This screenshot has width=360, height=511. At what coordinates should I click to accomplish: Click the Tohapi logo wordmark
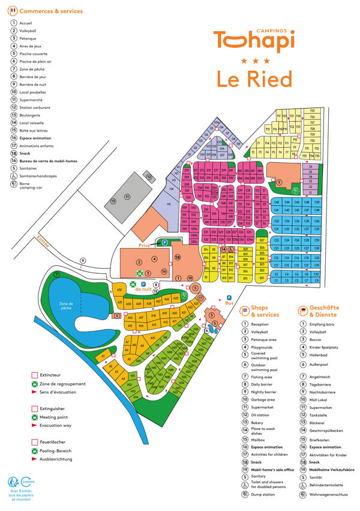[x=255, y=40]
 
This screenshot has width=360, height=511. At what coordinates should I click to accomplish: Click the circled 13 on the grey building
[x=113, y=201]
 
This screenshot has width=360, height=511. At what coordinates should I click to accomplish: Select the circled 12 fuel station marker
[x=148, y=177]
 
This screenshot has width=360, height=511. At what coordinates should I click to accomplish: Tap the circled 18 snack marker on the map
[x=177, y=257]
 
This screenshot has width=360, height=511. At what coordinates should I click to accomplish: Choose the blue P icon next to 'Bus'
[x=229, y=298]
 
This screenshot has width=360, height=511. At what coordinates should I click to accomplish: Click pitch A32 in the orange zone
[x=119, y=289]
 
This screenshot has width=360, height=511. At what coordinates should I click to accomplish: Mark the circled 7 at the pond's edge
[x=57, y=275]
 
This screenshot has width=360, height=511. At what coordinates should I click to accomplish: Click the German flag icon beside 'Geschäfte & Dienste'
[x=303, y=310]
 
